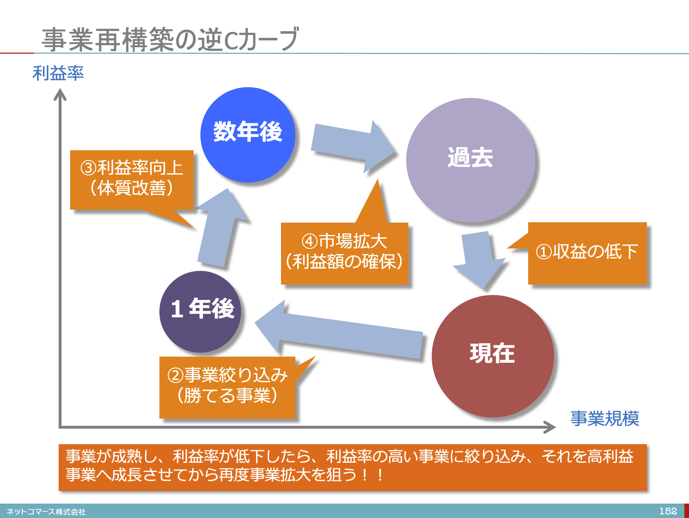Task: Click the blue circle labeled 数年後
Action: point(248,135)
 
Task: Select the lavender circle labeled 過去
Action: point(471,160)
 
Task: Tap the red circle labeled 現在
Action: point(493,356)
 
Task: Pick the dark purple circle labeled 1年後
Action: point(200,312)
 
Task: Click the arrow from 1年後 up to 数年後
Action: point(221,228)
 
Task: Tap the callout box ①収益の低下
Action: point(587,253)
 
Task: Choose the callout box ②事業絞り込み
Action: point(227,387)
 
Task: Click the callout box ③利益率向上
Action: point(132,179)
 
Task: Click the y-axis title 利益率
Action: point(58,73)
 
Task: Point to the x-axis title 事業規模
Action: point(605,419)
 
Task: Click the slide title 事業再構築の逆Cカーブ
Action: point(170,39)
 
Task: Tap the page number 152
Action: point(668,511)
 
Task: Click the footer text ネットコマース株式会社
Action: point(46,512)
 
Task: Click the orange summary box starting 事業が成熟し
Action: point(353,468)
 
